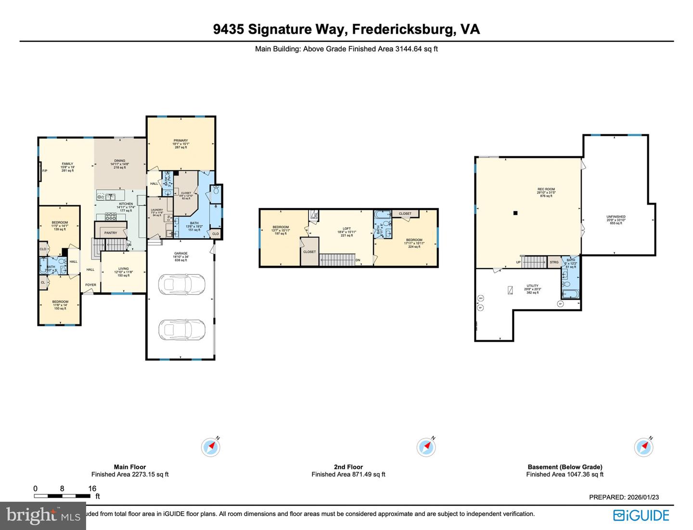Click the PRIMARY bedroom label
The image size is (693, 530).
click(180, 141)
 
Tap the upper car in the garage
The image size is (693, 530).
click(181, 284)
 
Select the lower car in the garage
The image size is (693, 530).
click(181, 330)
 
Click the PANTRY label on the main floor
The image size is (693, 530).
click(111, 233)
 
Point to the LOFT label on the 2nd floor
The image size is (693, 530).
click(346, 229)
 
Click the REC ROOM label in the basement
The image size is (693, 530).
click(546, 189)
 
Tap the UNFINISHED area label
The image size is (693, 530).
click(616, 217)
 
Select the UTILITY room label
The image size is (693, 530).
click(532, 286)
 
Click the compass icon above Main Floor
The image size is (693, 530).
click(211, 447)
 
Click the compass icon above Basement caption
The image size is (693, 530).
click(643, 447)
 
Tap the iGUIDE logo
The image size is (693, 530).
click(641, 515)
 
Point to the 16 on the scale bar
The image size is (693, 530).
click(92, 489)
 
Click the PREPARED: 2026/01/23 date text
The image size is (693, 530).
click(624, 497)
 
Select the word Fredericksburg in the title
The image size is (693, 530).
click(403, 29)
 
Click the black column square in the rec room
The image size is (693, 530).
click(515, 213)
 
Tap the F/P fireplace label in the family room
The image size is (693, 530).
click(45, 171)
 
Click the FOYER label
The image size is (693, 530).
click(90, 285)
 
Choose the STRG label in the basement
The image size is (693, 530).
click(554, 262)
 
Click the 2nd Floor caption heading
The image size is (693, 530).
click(348, 467)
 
